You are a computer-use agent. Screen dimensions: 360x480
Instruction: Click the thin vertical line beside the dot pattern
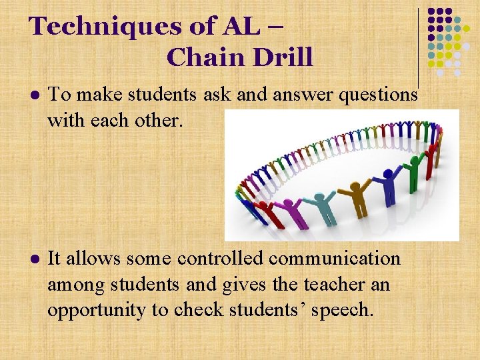pyautogui.click(x=418, y=47)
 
